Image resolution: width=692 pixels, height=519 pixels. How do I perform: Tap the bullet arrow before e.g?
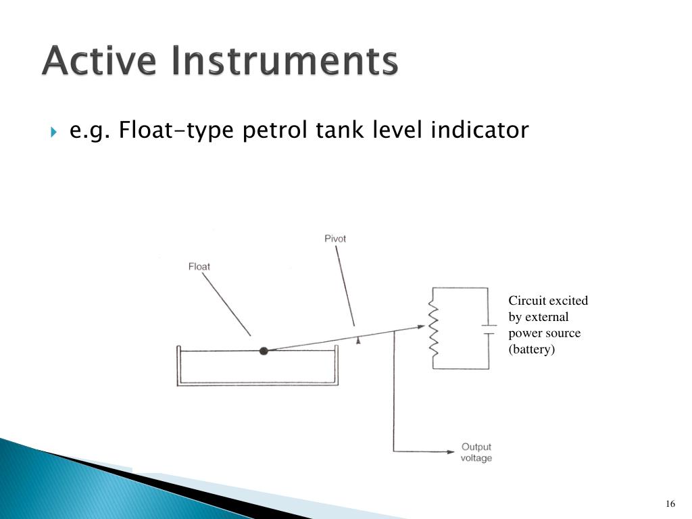[54, 130]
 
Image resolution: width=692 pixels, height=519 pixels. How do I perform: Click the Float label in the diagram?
[199, 266]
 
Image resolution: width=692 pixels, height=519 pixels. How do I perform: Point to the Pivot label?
[335, 239]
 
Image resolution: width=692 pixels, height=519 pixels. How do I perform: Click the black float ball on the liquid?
[264, 350]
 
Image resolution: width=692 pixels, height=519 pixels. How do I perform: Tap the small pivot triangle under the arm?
[358, 342]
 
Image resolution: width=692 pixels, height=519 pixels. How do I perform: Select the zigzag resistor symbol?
[433, 329]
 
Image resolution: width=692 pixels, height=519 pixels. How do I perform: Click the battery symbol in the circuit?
[489, 329]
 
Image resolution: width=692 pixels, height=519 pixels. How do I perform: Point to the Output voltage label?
[476, 452]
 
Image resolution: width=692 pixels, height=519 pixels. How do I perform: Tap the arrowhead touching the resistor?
[422, 327]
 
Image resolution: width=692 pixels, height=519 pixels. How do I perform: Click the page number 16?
[670, 504]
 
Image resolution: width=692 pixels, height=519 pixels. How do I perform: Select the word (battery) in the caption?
[531, 349]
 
